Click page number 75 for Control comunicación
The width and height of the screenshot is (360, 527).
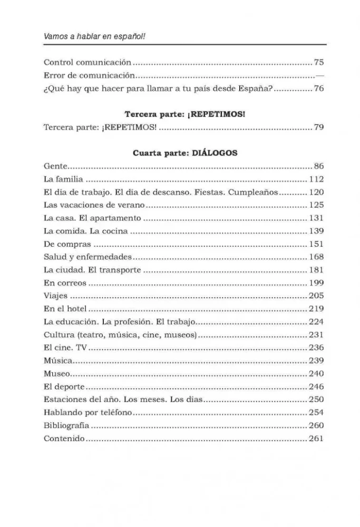(x=318, y=62)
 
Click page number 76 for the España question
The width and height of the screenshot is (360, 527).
(x=318, y=89)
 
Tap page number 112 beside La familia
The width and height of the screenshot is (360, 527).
(x=316, y=179)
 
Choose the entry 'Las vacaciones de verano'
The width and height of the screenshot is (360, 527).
(x=94, y=205)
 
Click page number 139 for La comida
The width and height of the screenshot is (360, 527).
(x=316, y=231)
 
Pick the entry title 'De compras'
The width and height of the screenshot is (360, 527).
(x=67, y=244)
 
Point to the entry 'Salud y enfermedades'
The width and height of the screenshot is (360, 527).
(x=87, y=257)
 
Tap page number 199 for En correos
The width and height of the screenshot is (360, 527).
(x=316, y=283)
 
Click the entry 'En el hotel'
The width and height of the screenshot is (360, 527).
(x=65, y=309)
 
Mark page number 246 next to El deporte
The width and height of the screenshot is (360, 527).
(x=316, y=386)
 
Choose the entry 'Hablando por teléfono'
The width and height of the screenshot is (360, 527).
(x=88, y=412)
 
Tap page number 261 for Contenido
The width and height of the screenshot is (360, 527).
(x=316, y=438)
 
